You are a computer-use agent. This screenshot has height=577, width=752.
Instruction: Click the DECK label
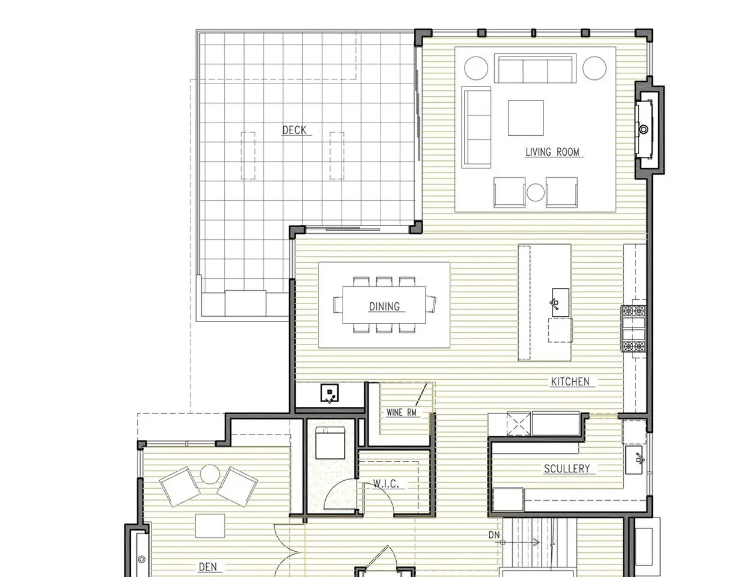click(294, 130)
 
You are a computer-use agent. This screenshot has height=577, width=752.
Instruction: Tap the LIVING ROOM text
click(552, 152)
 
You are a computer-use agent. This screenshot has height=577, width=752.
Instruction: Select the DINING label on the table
click(384, 306)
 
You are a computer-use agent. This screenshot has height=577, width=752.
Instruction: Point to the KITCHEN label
click(570, 382)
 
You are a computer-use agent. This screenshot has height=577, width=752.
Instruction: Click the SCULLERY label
click(567, 468)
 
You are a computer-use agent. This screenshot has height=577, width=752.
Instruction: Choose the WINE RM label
click(401, 412)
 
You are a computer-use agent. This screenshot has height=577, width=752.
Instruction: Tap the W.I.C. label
click(386, 484)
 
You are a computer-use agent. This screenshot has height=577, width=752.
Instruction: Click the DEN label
click(208, 567)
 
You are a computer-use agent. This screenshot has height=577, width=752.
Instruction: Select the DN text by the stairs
click(494, 535)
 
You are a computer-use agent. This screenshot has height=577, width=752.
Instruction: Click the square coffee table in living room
click(525, 118)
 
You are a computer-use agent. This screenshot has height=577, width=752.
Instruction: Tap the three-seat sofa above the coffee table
click(535, 68)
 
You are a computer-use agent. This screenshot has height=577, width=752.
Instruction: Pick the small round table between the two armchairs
click(536, 192)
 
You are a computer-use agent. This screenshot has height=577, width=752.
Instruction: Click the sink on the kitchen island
click(560, 302)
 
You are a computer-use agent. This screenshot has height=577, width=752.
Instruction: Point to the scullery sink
click(634, 460)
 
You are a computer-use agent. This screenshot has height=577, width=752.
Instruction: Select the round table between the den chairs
click(210, 474)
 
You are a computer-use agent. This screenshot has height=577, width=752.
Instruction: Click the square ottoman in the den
click(210, 526)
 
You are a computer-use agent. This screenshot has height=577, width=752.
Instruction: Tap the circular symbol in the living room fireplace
click(644, 130)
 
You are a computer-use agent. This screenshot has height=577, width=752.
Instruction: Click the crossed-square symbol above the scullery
click(518, 423)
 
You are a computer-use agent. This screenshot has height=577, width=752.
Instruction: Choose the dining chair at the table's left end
click(338, 304)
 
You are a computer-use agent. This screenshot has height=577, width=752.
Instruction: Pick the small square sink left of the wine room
click(329, 393)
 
